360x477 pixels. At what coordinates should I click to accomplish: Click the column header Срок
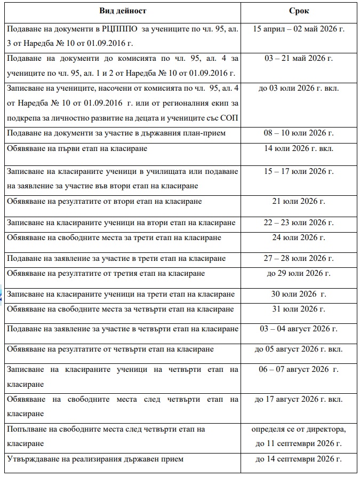[298, 11]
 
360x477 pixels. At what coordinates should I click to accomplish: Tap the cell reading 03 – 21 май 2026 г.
[298, 58]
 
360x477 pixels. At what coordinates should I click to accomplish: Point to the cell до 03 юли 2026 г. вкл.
[298, 88]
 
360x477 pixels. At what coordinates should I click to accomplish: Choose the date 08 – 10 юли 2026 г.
[298, 133]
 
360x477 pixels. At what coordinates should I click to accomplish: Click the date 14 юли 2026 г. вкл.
[298, 148]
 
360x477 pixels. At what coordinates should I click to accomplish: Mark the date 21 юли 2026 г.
[298, 201]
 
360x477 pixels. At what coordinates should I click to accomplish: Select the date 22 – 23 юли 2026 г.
[298, 222]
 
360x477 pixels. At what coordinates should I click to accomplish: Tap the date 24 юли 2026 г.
[298, 237]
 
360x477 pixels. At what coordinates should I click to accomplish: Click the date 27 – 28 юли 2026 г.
[298, 258]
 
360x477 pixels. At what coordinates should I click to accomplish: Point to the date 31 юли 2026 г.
[298, 309]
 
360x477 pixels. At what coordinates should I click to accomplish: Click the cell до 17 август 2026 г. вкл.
[298, 399]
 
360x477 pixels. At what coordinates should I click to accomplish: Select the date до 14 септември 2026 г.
[298, 459]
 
